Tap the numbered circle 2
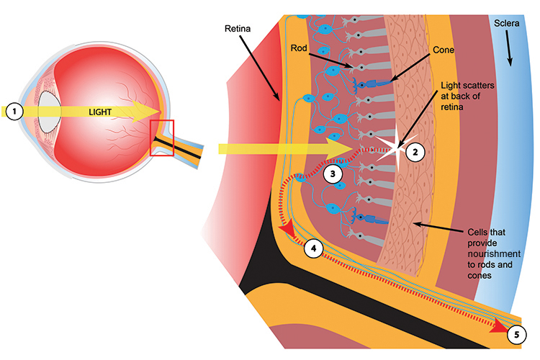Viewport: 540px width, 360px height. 415,152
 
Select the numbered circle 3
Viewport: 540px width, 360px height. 333,174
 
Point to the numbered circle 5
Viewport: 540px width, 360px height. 516,335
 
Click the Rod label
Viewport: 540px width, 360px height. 300,48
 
